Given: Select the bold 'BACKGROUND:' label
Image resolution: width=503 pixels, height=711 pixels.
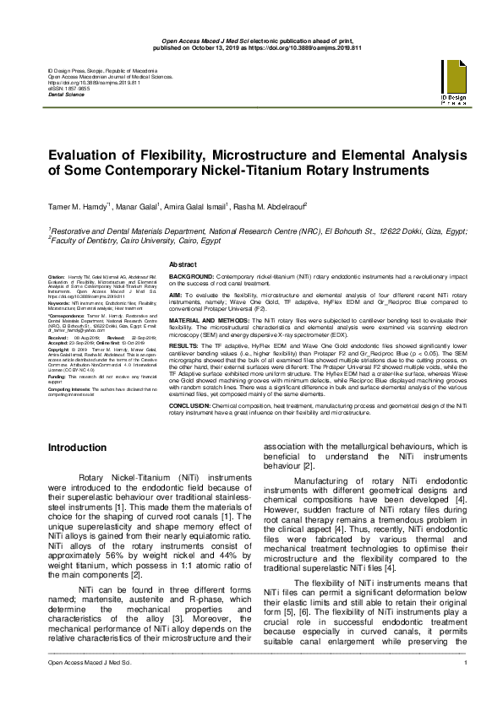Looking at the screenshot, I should click(x=191, y=277).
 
